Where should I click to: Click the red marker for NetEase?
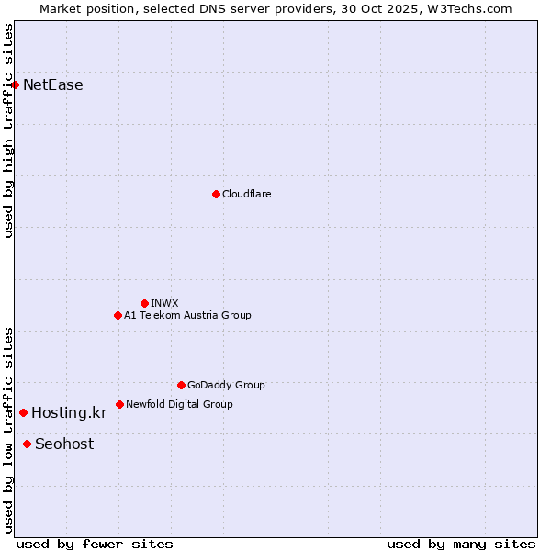tap(15, 84)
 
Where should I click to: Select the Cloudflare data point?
tap(216, 194)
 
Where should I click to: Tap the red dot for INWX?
tap(144, 303)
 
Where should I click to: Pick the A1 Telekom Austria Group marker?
tap(118, 315)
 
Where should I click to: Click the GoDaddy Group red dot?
tap(181, 385)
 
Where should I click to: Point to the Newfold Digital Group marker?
tap(119, 404)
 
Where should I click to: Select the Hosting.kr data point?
tap(23, 412)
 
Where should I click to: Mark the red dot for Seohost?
tap(27, 444)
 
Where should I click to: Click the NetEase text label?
tap(53, 85)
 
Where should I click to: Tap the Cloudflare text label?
tap(247, 194)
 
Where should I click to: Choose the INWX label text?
tap(165, 303)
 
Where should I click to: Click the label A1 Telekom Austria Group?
tap(187, 315)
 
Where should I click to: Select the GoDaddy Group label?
tap(226, 385)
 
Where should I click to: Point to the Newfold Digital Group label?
tap(179, 404)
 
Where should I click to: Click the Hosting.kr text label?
tap(69, 413)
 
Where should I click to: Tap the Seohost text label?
tap(64, 444)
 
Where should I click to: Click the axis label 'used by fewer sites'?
tap(95, 544)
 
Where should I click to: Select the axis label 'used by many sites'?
tap(461, 544)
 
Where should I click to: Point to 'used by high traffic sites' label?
tap(9, 130)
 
